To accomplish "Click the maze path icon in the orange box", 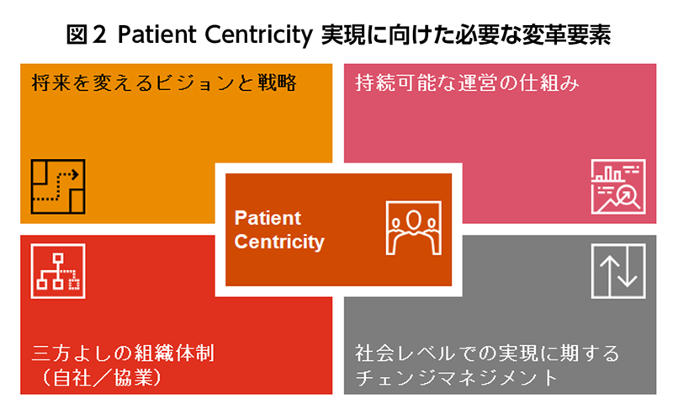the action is (58, 186).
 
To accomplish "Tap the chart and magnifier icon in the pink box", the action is (618, 186).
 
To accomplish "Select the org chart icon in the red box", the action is (58, 271).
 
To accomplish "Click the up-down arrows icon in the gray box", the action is (618, 271).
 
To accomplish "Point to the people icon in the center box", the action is (413, 228).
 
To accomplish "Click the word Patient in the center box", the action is (268, 218).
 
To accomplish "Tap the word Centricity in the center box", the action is (279, 242).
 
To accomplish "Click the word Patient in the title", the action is (156, 35).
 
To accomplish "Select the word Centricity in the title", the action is (259, 35).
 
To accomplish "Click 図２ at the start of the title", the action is (86, 35).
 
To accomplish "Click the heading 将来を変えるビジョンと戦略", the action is (163, 82).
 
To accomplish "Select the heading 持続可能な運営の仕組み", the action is (467, 82).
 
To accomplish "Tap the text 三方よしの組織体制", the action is (123, 353).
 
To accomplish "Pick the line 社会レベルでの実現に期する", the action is (488, 353).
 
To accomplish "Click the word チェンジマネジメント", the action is (456, 377).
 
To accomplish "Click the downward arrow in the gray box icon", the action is (628, 266).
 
